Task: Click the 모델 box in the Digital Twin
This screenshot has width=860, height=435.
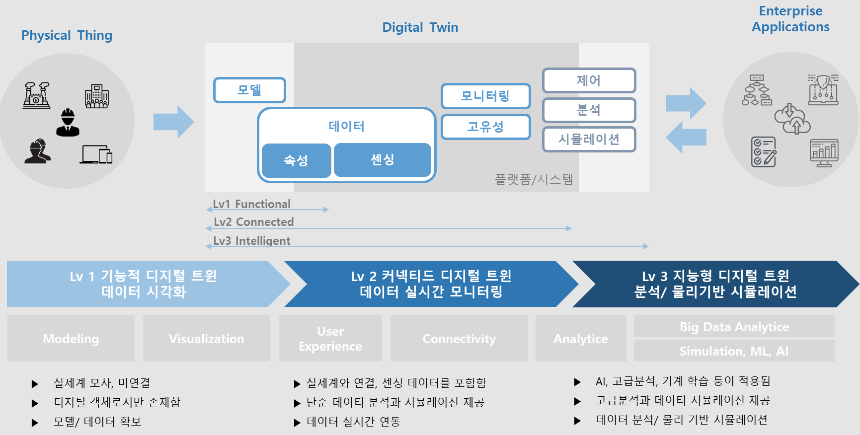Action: pos(249,90)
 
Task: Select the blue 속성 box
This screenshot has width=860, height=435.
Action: pos(296,160)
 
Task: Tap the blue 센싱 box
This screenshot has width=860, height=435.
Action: pos(383,159)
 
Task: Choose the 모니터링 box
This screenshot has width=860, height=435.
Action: pos(485,96)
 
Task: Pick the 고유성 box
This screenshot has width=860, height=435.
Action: pos(485,127)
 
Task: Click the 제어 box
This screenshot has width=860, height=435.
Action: pos(589,80)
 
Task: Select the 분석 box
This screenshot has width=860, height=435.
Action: pos(589,110)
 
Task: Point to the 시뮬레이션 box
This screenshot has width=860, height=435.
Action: pos(589,139)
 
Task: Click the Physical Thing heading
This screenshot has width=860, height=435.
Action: pos(67,35)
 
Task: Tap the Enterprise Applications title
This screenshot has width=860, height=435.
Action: pos(790,19)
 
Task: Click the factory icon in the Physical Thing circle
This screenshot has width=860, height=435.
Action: pos(37,95)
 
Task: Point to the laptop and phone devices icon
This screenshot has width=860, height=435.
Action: pos(96,154)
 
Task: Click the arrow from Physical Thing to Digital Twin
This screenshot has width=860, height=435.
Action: pos(173,122)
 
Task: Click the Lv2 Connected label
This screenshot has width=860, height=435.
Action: pos(254,222)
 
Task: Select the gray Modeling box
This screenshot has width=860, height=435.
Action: pos(71,339)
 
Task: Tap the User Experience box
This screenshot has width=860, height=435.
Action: pos(330,339)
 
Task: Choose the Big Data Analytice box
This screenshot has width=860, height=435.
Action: pos(734,327)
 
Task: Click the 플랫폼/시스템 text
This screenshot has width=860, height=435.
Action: pos(534,179)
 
